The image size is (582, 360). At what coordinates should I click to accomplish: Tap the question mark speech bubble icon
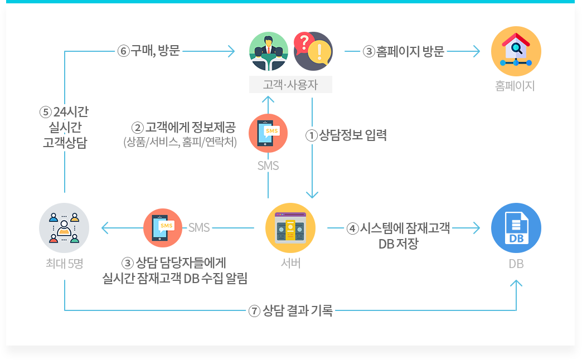coord(313,51)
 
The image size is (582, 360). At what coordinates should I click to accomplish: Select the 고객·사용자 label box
coord(290,85)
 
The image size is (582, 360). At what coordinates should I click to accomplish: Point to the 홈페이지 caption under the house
coord(515,86)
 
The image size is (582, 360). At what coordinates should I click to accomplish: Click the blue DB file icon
coord(516,228)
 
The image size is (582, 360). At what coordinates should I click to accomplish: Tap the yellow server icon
coord(290,227)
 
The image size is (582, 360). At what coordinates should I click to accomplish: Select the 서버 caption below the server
coord(290,263)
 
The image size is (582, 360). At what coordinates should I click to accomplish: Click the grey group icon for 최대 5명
coord(65,227)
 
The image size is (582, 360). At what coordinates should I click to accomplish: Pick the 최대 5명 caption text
coord(65,263)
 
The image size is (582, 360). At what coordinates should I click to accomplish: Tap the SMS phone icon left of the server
coord(163,227)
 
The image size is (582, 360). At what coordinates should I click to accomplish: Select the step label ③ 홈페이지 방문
coord(404,52)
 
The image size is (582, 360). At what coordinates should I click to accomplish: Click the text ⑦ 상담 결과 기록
coord(290,311)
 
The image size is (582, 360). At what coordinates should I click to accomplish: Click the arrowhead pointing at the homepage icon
coord(476,52)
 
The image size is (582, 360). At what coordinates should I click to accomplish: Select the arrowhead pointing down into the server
coord(312,194)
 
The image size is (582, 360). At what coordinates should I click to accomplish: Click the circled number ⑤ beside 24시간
coord(46,112)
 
